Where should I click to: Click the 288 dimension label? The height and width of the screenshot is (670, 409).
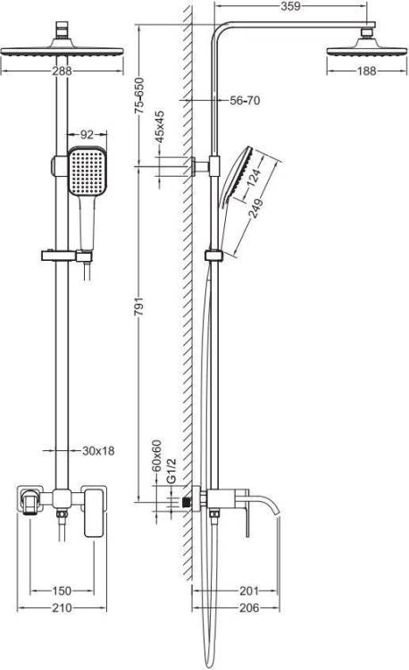tap(62, 71)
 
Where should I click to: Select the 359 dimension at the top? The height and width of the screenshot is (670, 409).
tap(290, 6)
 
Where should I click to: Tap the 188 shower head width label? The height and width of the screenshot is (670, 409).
tap(366, 71)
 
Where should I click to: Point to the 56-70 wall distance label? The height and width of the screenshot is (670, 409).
tap(245, 100)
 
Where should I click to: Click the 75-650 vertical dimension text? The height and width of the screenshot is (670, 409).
tap(139, 96)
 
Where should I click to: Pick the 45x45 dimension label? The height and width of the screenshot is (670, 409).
tap(159, 127)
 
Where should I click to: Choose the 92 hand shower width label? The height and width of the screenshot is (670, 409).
tap(87, 134)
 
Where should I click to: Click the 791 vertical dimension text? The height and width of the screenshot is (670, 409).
tap(139, 306)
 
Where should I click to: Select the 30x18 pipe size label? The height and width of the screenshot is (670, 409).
tap(98, 450)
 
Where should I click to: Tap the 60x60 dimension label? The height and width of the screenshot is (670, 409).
tap(156, 456)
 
